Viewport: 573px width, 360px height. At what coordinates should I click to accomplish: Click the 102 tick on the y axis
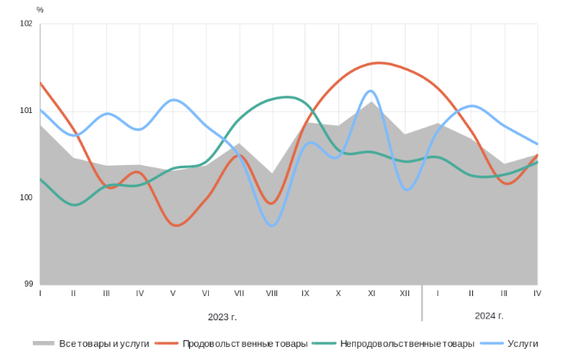[26, 24]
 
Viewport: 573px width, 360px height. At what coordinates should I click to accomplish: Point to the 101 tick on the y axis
[26, 111]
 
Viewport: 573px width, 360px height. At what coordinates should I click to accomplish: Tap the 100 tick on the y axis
[26, 198]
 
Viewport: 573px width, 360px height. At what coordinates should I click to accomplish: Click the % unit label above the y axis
[40, 9]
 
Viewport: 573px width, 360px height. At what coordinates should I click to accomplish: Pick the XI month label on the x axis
[371, 294]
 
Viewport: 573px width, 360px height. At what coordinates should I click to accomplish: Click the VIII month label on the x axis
[272, 294]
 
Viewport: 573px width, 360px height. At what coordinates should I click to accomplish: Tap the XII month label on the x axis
[404, 294]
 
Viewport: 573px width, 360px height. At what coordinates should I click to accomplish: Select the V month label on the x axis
[173, 294]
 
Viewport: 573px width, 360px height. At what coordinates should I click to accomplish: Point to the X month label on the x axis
[338, 294]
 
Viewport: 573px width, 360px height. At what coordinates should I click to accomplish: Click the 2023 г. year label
[223, 317]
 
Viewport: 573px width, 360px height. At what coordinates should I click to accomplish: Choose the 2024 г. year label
[488, 316]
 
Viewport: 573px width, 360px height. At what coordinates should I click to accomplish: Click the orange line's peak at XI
[376, 62]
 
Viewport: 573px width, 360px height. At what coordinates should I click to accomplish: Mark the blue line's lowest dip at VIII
[273, 225]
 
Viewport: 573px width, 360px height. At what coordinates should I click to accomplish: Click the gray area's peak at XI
[371, 102]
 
